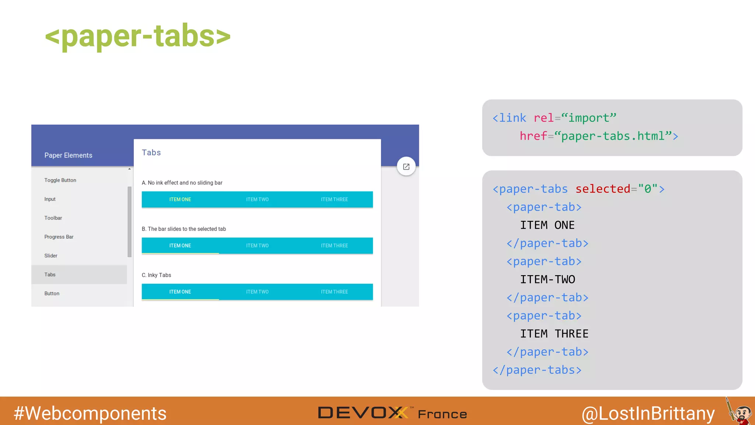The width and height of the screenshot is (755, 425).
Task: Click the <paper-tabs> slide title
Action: click(x=138, y=36)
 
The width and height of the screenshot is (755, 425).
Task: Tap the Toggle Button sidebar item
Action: click(x=60, y=180)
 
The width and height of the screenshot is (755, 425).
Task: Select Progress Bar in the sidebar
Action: click(x=59, y=237)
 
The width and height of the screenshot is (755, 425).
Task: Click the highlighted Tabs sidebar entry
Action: click(x=50, y=274)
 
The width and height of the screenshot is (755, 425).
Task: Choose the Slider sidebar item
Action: click(x=51, y=256)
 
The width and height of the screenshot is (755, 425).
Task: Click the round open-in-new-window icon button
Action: click(x=406, y=167)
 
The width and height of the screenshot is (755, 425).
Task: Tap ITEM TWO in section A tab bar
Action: click(x=257, y=200)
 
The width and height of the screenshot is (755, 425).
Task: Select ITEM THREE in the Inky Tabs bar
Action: click(x=334, y=292)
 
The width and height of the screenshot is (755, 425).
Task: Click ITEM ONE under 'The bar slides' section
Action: click(x=180, y=246)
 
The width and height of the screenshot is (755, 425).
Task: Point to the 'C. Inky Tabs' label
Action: click(x=156, y=275)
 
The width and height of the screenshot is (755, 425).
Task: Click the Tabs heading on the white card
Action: click(x=151, y=153)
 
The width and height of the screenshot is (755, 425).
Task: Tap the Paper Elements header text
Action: click(x=68, y=155)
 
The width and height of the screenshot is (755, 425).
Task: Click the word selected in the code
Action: click(x=603, y=189)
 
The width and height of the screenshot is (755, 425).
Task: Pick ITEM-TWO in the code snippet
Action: click(x=547, y=280)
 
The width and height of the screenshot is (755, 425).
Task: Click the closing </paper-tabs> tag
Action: click(x=537, y=370)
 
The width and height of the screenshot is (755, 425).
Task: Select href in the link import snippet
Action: click(x=533, y=136)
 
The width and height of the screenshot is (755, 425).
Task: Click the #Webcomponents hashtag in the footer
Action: click(x=90, y=413)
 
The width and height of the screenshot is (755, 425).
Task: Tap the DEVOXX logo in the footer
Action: click(x=363, y=413)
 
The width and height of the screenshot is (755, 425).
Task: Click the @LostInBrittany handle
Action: click(x=648, y=413)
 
